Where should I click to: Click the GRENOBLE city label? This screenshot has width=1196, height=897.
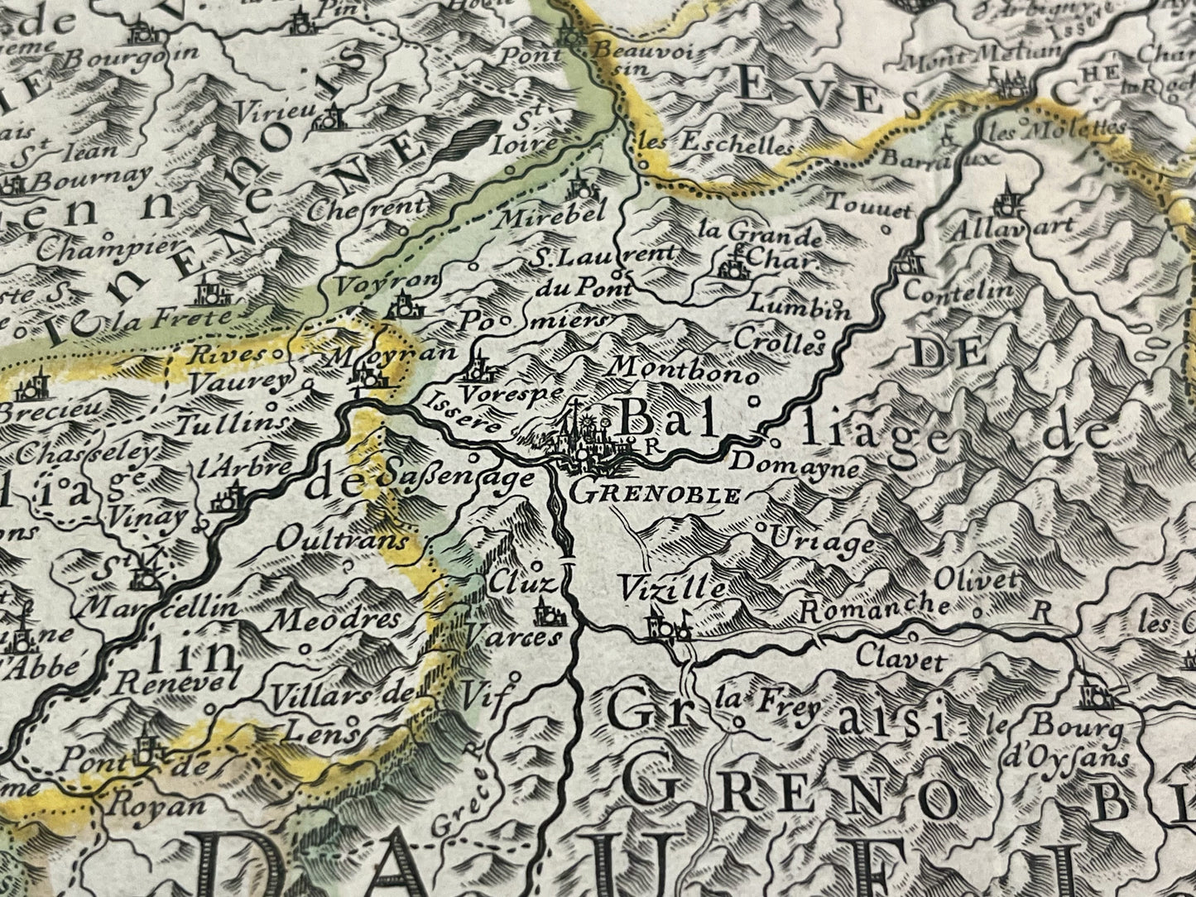point(656,495)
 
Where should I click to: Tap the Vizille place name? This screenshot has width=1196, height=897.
point(673,588)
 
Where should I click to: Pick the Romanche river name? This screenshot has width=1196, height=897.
point(876,608)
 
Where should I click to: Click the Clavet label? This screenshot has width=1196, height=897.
point(889,661)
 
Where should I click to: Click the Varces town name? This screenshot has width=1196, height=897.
point(512,636)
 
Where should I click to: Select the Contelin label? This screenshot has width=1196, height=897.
point(958,290)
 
